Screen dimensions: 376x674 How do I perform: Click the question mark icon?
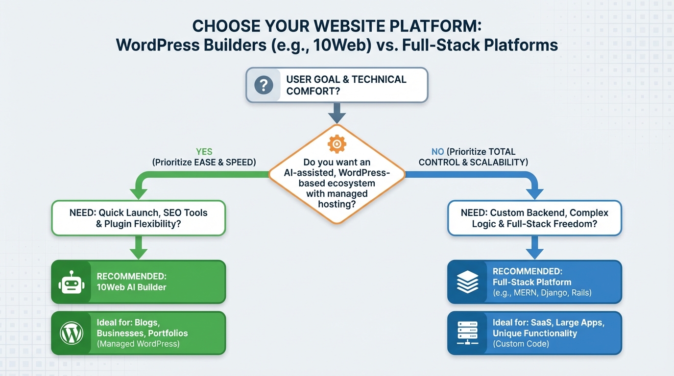point(264,85)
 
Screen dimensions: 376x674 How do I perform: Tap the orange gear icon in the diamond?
point(337,144)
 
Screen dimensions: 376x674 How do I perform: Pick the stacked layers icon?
point(467,282)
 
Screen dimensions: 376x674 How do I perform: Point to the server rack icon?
point(467,333)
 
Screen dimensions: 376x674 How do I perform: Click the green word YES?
point(204,152)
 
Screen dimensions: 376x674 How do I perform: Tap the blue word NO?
point(437,152)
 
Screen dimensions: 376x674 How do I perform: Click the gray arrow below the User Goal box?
point(337,114)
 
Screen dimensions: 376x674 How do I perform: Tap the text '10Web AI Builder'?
point(131,287)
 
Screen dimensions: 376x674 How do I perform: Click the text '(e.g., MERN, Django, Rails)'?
point(542,293)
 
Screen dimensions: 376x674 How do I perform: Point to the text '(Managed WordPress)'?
point(138,344)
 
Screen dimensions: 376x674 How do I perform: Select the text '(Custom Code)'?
point(521,344)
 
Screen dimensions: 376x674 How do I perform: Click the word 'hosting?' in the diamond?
point(337,204)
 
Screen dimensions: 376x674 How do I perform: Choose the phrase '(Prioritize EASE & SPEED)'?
point(204,162)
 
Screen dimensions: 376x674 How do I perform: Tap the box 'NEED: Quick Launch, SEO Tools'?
point(139,218)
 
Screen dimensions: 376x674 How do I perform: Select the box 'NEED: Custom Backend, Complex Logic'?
point(534,218)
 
